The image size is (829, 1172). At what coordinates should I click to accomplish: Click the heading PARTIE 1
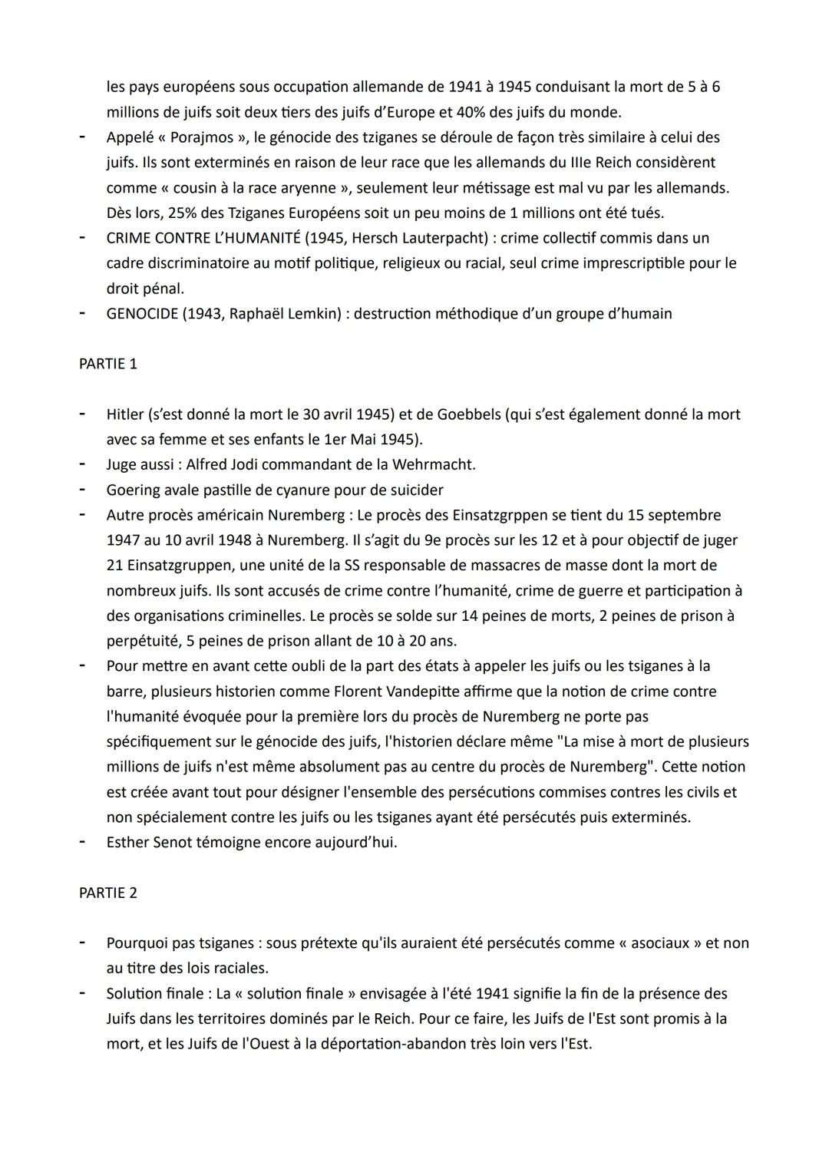(107, 364)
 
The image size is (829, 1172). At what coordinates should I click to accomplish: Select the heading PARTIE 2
(107, 893)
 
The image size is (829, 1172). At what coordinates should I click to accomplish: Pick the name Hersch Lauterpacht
(419, 238)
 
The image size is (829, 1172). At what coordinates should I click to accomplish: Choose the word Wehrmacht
(433, 464)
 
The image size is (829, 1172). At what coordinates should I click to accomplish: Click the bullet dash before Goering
(81, 490)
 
